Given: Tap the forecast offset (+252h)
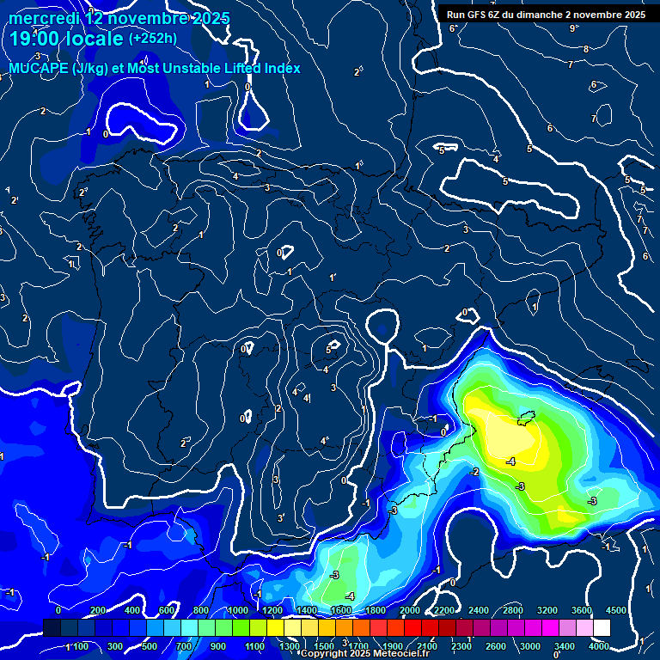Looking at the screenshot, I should tap(152, 38).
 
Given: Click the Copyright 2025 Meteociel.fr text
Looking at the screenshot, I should tap(364, 653).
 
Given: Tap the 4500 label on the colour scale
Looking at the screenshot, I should tap(615, 610).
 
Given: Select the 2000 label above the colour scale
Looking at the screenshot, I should tap(409, 610).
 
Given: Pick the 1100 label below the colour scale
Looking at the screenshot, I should tap(254, 645).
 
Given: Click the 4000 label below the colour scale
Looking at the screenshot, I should tap(598, 645).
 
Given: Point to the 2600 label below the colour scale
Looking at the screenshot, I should tap(495, 645).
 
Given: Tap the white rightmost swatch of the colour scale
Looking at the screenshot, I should tap(602, 628).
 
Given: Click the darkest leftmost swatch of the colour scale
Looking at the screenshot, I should tap(52, 628).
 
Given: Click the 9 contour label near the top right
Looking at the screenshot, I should tap(573, 28).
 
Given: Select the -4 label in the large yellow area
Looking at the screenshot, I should tap(510, 461).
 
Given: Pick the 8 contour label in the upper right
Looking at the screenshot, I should tap(585, 49).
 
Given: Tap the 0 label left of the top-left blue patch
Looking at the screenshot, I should tap(105, 134).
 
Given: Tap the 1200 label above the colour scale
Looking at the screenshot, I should tap(272, 610).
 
